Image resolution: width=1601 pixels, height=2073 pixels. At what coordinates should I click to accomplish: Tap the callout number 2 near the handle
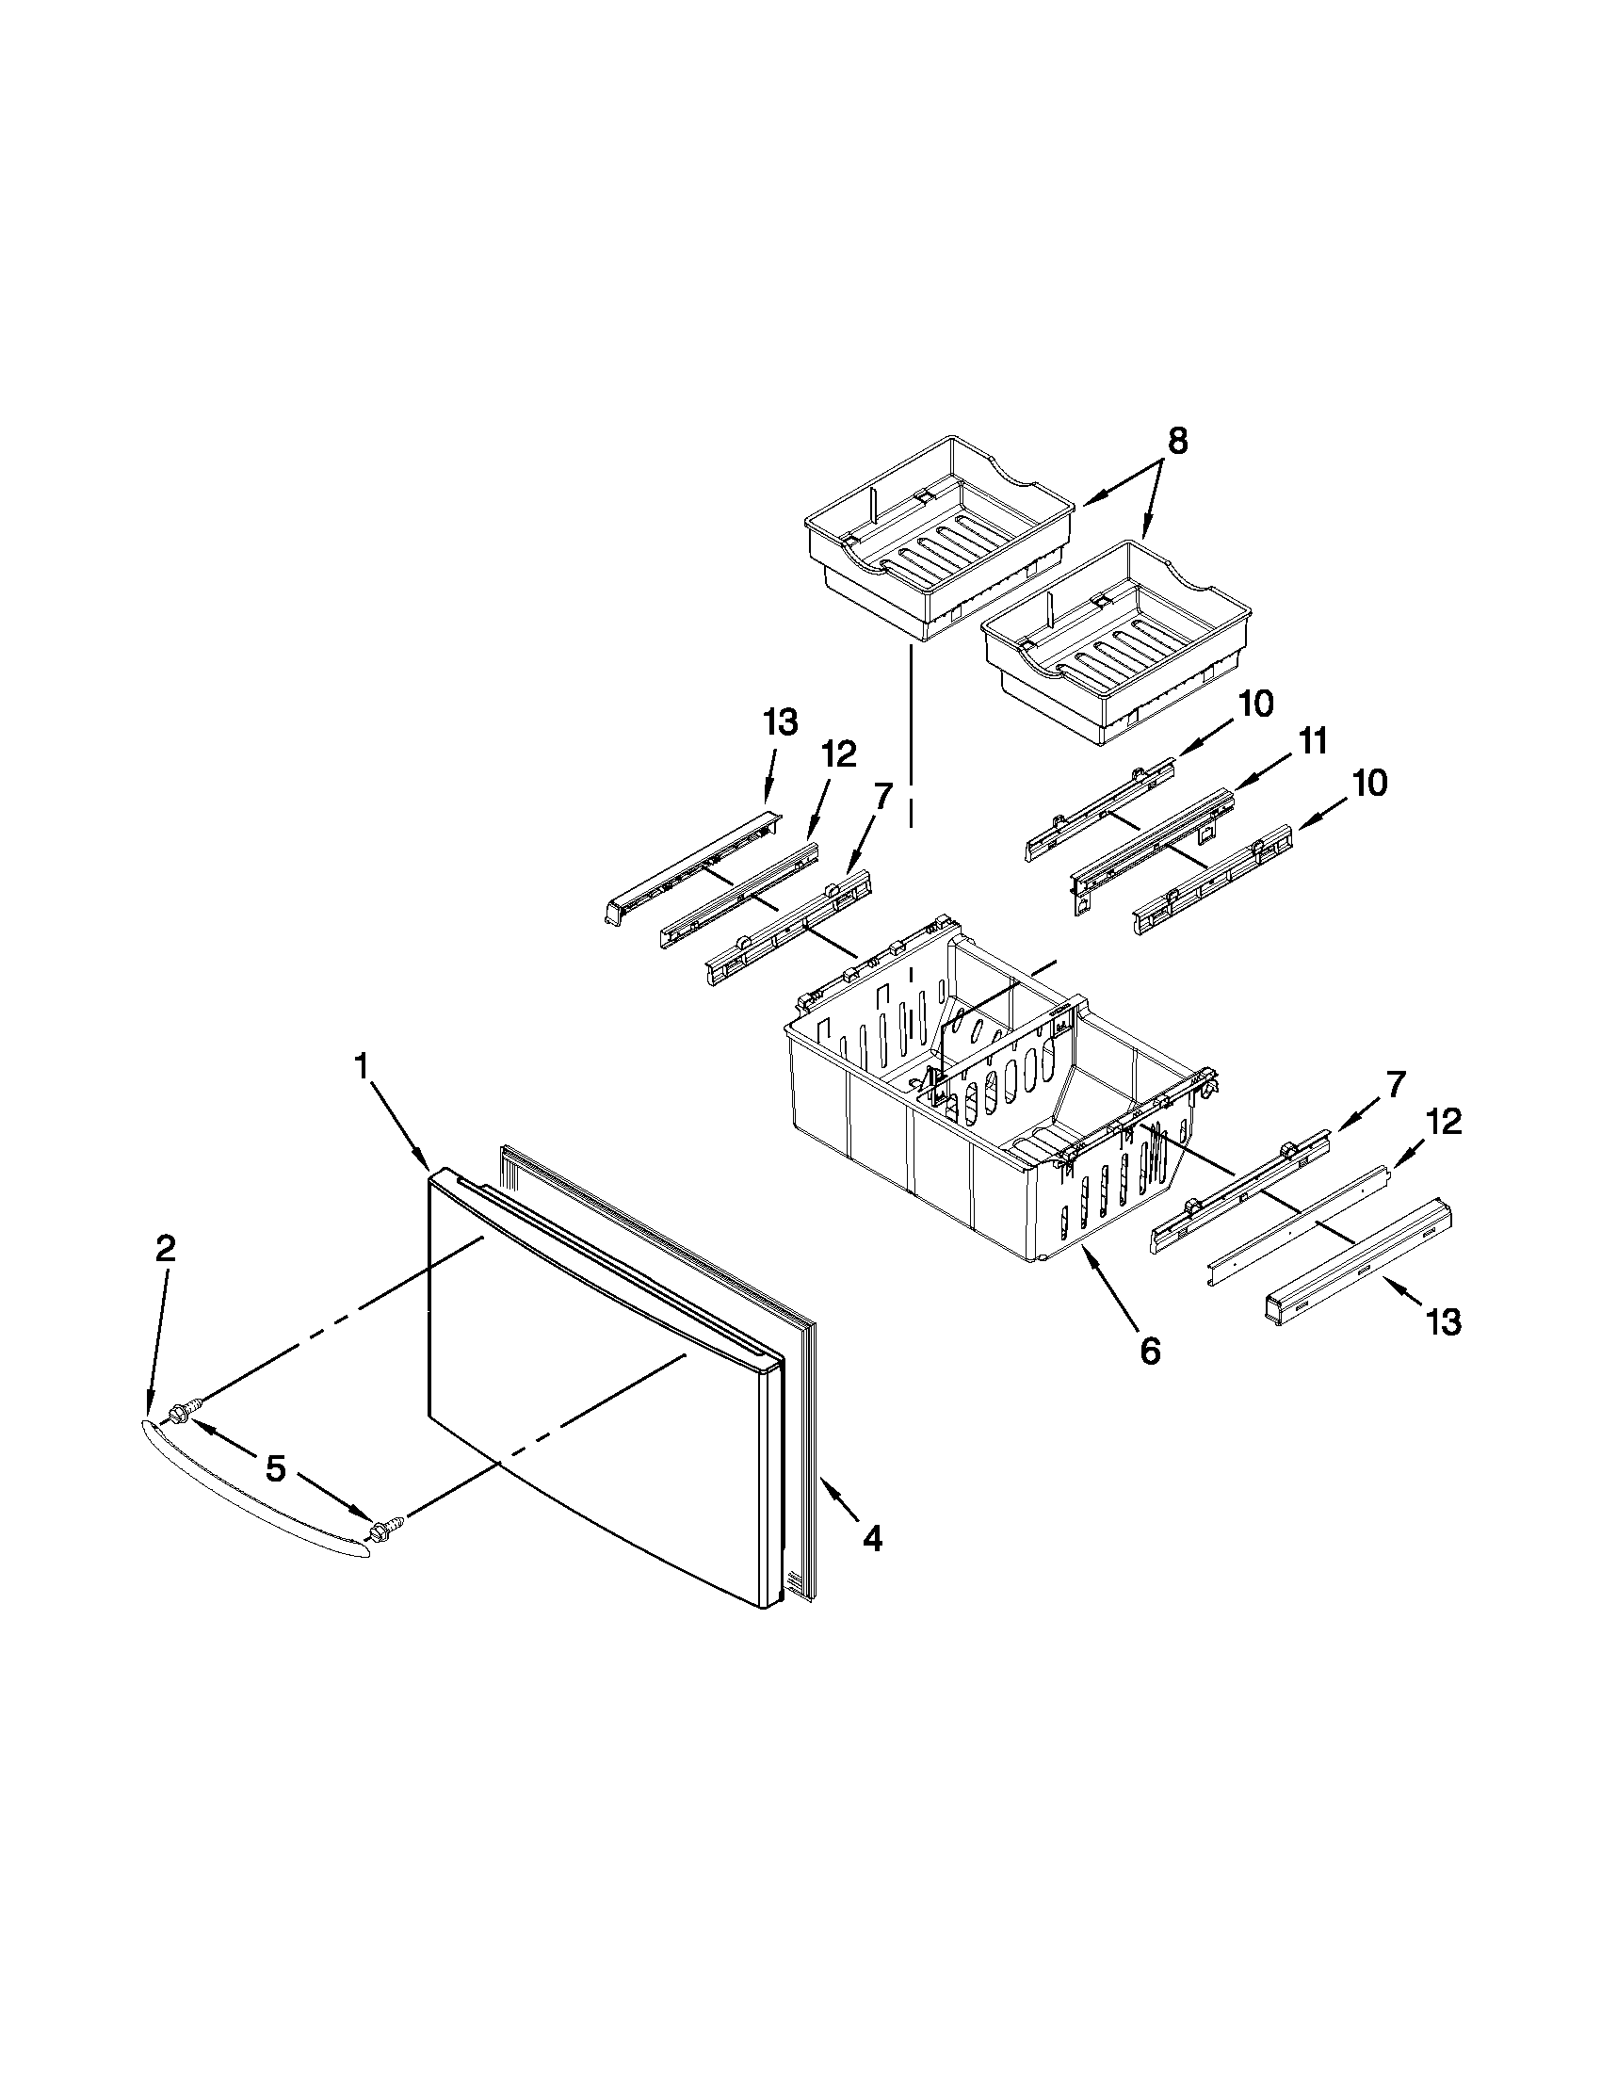[164, 1248]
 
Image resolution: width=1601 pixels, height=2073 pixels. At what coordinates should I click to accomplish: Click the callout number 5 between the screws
[275, 1469]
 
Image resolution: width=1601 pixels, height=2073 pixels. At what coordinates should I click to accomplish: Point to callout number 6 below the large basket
[1150, 1351]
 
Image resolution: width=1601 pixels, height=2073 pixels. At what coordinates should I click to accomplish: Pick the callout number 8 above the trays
[1177, 443]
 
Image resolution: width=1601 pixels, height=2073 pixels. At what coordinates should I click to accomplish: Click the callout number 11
[1314, 741]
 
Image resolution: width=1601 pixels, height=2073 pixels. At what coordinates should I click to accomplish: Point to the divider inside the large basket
[1006, 1054]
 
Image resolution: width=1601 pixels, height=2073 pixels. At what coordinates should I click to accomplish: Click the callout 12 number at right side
[1443, 1122]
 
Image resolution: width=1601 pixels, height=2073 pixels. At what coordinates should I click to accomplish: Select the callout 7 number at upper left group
[881, 796]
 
